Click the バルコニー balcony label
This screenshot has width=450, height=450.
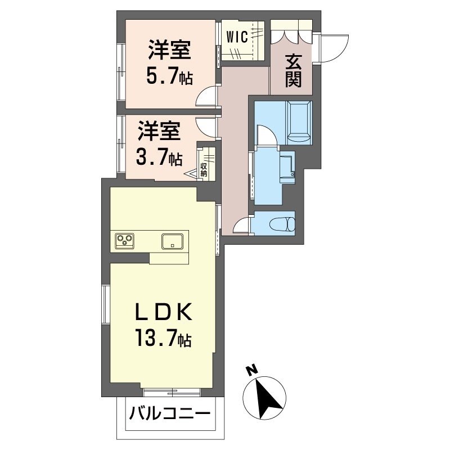point(170,416)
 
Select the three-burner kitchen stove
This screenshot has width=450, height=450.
point(125,241)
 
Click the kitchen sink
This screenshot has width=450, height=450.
point(172,241)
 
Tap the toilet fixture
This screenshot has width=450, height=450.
point(282,224)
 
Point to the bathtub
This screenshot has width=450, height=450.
point(299,120)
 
